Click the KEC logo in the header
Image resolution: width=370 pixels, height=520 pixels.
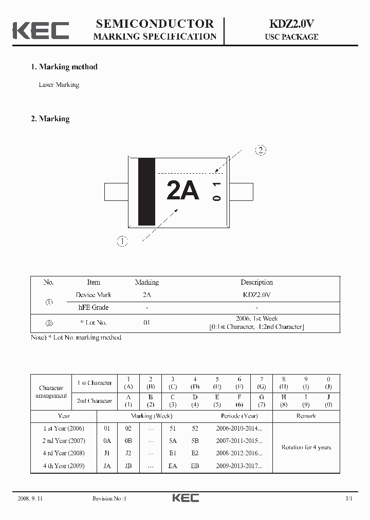click(41, 30)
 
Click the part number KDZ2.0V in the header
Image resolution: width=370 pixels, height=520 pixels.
click(291, 24)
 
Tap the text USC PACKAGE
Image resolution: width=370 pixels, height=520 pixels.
click(291, 37)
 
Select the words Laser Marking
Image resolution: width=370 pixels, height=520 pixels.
click(59, 85)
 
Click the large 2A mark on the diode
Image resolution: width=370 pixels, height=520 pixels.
click(182, 191)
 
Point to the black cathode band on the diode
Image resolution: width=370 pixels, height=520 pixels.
click(146, 192)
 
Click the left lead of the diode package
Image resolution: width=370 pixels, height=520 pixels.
click(116, 192)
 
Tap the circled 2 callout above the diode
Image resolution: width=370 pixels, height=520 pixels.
click(261, 151)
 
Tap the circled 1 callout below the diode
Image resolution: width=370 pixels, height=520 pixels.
click(122, 241)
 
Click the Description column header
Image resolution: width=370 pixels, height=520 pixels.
click(256, 282)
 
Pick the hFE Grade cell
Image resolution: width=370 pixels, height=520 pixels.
click(93, 307)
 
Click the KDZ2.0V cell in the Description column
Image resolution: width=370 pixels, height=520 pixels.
click(256, 295)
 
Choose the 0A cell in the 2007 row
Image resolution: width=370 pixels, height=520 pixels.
click(107, 441)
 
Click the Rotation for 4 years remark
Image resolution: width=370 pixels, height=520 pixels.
click(306, 447)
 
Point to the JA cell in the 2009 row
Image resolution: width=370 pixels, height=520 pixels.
click(107, 466)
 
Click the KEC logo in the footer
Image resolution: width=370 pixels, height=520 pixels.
click(185, 498)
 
